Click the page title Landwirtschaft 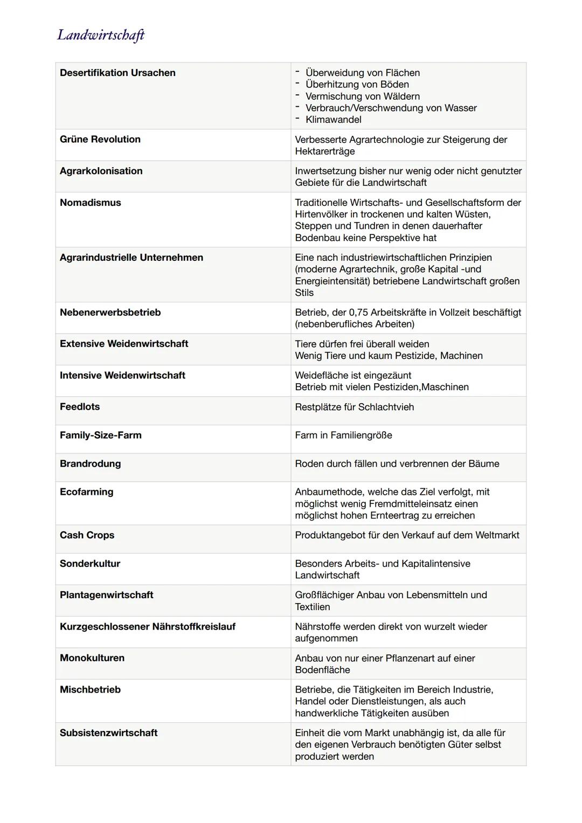tap(101, 35)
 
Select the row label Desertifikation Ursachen tap(117, 73)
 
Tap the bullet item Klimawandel tap(333, 120)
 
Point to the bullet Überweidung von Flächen tap(362, 73)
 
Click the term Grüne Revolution tap(100, 139)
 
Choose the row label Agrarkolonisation tap(101, 171)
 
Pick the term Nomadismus tap(90, 203)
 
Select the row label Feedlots tap(79, 407)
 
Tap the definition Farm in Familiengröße tap(343, 435)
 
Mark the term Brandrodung tap(90, 464)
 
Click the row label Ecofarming tap(86, 492)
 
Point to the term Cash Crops tap(87, 535)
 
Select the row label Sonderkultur tap(89, 563)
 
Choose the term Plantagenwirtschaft tap(106, 595)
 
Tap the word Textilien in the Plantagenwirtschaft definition tap(312, 607)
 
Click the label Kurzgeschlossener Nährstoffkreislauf tap(147, 626)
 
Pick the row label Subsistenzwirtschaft tap(108, 732)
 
